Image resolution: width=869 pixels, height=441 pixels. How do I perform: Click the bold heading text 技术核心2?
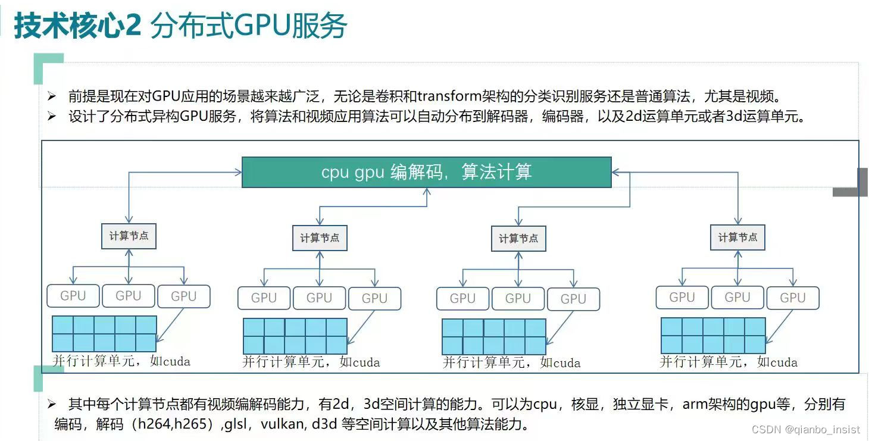click(x=77, y=26)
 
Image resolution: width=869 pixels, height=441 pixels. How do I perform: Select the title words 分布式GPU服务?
click(x=249, y=26)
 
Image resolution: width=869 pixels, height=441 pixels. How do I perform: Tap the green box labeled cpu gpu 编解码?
click(x=426, y=172)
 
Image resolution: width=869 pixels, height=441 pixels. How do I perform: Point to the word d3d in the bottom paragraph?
click(x=321, y=425)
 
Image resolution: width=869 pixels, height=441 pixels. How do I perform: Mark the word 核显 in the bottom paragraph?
click(x=585, y=405)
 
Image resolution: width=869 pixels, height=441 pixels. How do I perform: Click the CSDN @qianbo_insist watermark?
click(x=805, y=429)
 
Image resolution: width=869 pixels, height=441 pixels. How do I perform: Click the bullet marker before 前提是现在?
click(x=52, y=96)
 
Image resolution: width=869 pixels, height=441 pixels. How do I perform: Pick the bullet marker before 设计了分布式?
click(x=52, y=117)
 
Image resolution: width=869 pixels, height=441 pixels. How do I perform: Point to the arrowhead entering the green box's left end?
click(x=238, y=173)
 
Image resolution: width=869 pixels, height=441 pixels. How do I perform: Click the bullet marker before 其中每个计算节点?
click(x=52, y=405)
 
